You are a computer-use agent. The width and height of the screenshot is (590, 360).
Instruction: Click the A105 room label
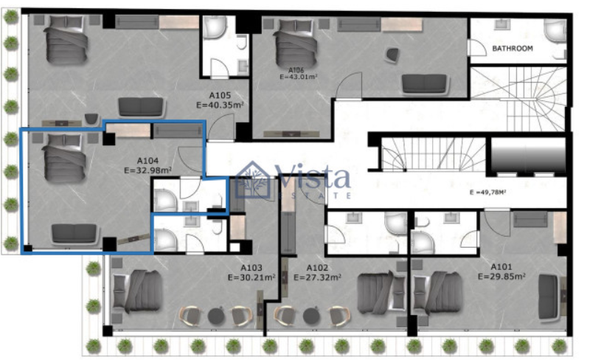coord(220,95)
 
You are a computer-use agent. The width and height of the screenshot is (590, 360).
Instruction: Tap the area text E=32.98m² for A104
coord(148,170)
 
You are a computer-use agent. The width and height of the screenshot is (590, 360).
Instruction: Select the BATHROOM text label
coord(513,49)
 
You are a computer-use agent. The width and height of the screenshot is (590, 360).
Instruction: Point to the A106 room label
coord(296,70)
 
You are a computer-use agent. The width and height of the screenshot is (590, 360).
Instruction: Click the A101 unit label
coord(502,267)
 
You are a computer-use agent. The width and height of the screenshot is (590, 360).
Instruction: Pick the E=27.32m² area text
coord(318,277)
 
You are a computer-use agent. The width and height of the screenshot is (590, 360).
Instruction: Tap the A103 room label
coord(251,268)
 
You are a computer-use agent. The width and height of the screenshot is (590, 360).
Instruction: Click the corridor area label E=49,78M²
coord(487,192)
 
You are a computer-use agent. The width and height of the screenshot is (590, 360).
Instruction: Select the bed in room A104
coord(64,157)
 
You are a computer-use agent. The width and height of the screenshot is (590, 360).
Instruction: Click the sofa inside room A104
coord(74,234)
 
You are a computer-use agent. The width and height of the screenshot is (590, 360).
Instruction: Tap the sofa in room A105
coord(142,107)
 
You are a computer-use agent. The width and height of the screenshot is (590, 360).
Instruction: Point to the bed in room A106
coord(294,44)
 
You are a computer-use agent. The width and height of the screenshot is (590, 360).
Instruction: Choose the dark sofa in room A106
coord(426,84)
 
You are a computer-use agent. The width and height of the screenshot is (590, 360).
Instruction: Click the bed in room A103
coord(138,291)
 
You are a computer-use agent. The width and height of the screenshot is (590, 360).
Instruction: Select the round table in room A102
coord(311,316)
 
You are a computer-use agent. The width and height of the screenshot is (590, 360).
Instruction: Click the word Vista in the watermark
coord(312,176)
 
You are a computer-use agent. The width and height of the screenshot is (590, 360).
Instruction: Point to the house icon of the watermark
coord(253,180)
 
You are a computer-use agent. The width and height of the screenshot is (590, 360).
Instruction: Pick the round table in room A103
coord(216,316)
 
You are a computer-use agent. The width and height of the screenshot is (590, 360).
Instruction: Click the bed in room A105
coord(66,40)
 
